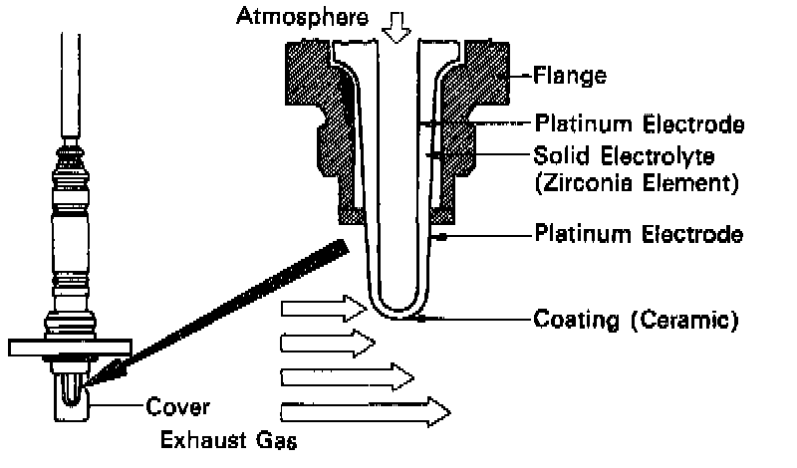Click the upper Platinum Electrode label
pos(639,124)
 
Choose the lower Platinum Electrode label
pos(639,235)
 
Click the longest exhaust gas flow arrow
pos(365,409)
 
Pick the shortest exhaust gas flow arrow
pos(328,344)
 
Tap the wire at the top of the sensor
pos(71,80)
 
